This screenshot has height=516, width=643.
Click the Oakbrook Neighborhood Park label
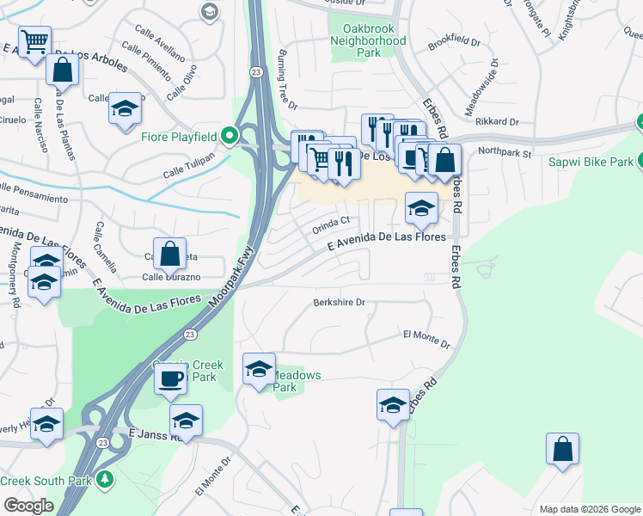coord(368,40)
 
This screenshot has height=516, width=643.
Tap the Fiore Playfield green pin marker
coord(229,136)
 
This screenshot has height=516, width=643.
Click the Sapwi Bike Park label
coord(597,162)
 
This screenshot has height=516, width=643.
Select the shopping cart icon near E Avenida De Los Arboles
coord(34,40)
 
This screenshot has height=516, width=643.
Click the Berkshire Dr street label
coord(339,303)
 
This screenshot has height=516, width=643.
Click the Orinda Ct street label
coord(329,224)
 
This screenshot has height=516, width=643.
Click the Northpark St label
coord(505,152)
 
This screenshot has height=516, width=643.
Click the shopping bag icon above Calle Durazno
coord(170,254)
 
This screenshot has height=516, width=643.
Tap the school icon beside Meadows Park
coord(259,369)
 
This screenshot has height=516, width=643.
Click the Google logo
coord(28,506)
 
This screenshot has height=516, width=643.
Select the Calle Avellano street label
coord(153,52)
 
